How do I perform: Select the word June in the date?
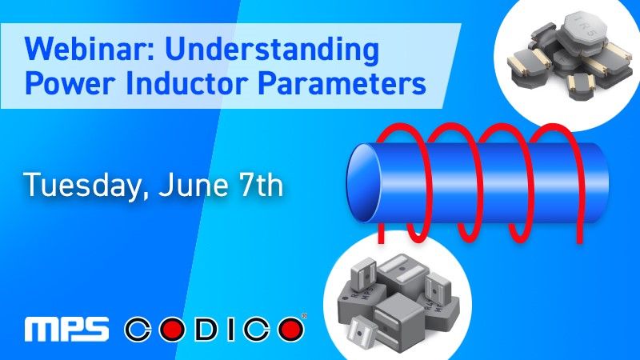pyautogui.click(x=183, y=186)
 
